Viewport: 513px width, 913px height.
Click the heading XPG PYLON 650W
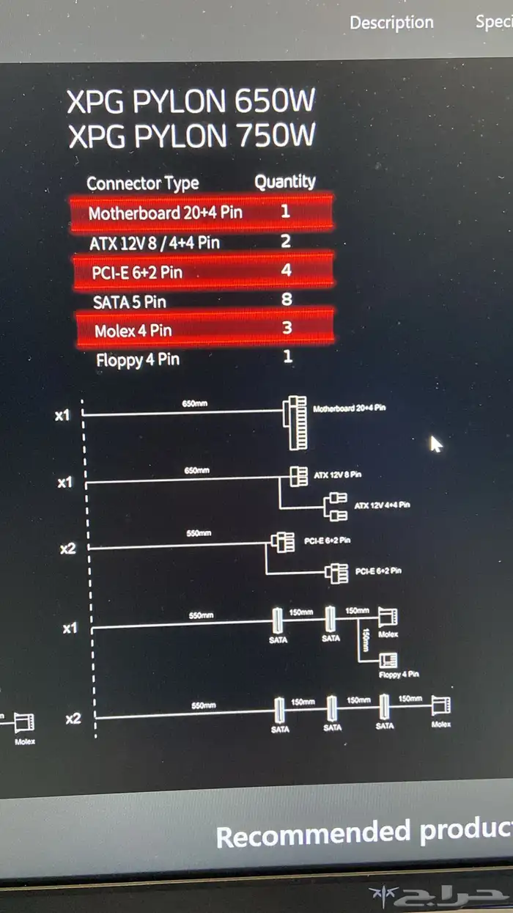point(191,102)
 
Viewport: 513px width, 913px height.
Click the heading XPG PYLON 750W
point(192,136)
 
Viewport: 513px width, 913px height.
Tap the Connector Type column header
point(143,183)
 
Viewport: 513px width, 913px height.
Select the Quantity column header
point(285,182)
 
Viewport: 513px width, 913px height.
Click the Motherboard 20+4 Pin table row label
point(165,213)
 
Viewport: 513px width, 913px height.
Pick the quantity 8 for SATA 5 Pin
point(287,299)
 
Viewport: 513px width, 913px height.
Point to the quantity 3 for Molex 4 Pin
point(287,328)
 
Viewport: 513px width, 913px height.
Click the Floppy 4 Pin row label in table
point(138,360)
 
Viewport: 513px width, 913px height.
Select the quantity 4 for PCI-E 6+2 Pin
point(287,271)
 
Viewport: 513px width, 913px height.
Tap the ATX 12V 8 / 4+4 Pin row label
point(155,243)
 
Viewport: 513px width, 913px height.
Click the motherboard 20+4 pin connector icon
point(297,422)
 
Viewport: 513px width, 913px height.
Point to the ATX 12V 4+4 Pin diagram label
point(382,506)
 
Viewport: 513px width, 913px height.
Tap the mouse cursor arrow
point(436,444)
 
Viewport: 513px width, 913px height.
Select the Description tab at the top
point(391,23)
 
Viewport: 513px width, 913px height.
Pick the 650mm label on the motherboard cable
point(194,404)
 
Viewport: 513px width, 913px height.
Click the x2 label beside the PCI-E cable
point(67,548)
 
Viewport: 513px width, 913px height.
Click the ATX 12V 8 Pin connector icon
point(298,476)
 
